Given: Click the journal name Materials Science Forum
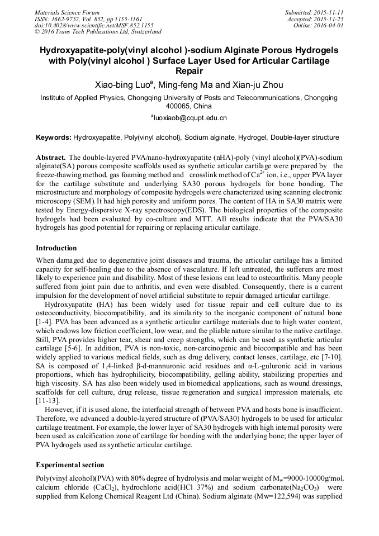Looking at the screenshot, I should [x=67, y=12].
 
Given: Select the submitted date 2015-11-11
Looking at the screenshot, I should [x=329, y=12].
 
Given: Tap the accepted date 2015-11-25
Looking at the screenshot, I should [x=330, y=19].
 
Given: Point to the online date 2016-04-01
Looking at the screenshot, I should [x=330, y=26].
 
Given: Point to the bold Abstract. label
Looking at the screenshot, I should [x=51, y=158].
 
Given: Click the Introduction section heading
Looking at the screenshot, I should [x=56, y=248].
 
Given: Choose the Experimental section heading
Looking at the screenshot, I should [x=70, y=464].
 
